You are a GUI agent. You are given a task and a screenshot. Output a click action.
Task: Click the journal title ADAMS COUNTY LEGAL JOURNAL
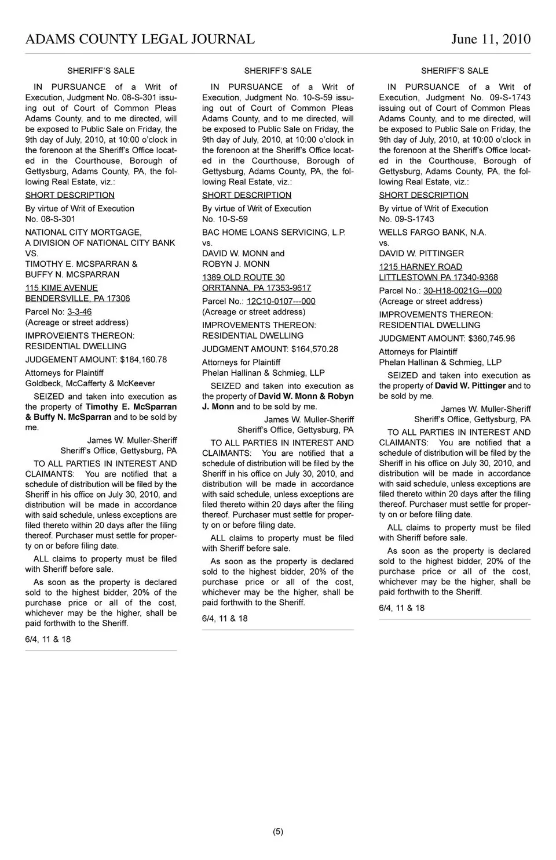click(x=140, y=39)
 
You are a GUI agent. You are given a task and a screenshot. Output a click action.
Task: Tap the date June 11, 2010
click(x=491, y=39)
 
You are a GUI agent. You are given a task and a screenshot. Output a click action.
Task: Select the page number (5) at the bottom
click(x=278, y=832)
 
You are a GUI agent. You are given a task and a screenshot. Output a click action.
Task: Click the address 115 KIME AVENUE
click(x=61, y=288)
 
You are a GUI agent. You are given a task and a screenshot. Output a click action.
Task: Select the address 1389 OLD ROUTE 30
click(x=243, y=278)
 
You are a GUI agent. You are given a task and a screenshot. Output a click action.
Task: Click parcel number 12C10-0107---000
click(x=281, y=302)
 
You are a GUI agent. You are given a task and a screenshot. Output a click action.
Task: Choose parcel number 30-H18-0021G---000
click(x=462, y=291)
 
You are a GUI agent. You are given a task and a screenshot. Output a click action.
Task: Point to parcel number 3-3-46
click(x=79, y=312)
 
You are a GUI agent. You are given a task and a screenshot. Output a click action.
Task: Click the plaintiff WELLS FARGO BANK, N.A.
click(x=433, y=233)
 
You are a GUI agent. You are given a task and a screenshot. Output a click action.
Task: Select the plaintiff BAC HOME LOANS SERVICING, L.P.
click(x=273, y=233)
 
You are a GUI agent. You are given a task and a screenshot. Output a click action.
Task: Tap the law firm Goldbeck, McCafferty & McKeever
click(x=90, y=383)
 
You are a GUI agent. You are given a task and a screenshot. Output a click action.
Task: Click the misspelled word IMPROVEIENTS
click(x=51, y=336)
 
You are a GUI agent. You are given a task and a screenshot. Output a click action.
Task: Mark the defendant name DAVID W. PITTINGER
click(x=421, y=253)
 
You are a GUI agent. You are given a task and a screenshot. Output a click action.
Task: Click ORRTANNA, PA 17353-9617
click(x=256, y=288)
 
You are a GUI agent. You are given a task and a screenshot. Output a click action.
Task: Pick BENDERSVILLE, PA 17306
click(x=77, y=299)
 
